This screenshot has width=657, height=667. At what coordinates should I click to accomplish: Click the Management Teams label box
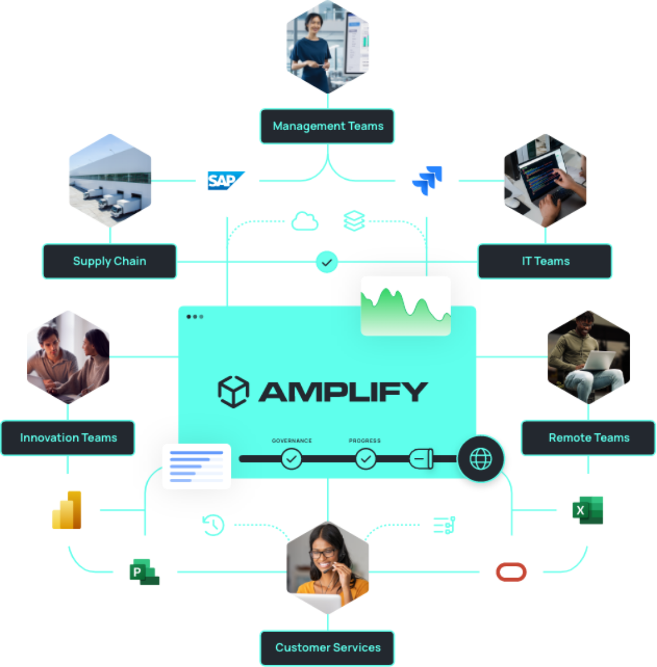point(327,126)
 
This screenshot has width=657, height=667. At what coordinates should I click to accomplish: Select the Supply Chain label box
point(109,261)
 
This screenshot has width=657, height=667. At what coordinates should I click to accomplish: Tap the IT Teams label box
point(545,261)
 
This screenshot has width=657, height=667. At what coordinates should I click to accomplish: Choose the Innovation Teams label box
point(68,438)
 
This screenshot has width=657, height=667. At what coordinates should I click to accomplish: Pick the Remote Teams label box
point(588,438)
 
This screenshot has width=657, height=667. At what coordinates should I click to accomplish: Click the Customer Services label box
point(327,648)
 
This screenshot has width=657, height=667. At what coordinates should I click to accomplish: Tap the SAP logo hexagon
point(227,181)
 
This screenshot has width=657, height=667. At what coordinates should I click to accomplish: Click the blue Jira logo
point(427,181)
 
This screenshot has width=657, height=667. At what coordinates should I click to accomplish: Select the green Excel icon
point(588,510)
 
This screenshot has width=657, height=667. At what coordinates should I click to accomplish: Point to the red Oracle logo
point(511,572)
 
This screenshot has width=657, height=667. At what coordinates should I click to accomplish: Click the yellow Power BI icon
point(67,510)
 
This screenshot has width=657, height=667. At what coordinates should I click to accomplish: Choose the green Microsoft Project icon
point(144,572)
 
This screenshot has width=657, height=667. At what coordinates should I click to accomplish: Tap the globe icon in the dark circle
point(480,459)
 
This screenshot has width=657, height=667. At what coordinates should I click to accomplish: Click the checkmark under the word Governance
point(291,460)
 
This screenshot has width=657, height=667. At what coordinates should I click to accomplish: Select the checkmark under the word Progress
point(365,460)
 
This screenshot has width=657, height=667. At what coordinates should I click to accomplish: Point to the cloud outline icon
point(305,221)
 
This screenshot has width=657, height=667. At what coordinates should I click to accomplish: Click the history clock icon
point(213,525)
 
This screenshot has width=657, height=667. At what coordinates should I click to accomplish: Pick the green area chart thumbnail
point(405,305)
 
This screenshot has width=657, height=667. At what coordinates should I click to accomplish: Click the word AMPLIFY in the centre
point(343,392)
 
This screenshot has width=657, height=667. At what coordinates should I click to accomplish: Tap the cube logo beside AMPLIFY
point(233,391)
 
